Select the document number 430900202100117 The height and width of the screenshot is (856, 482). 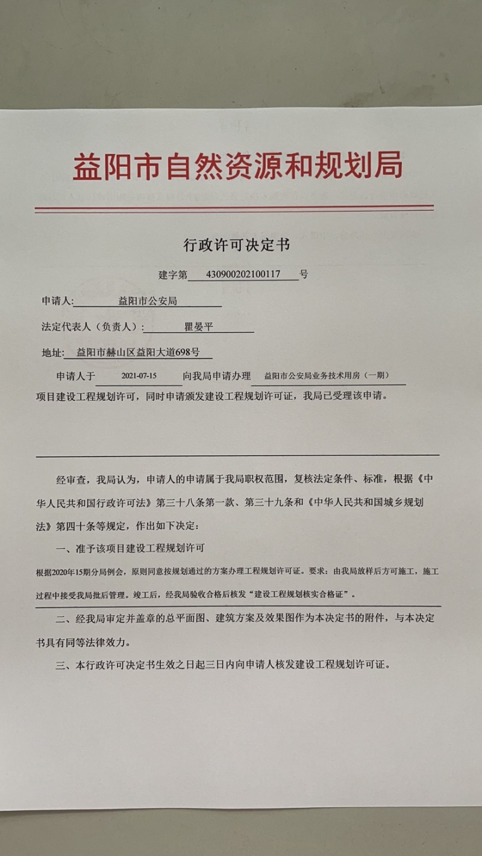pos(243,274)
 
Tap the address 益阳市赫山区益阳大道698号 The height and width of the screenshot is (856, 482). pos(138,353)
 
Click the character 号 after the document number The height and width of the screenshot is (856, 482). pos(304,274)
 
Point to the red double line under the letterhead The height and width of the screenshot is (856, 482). pos(234,208)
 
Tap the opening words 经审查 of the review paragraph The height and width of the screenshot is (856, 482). pos(69,480)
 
